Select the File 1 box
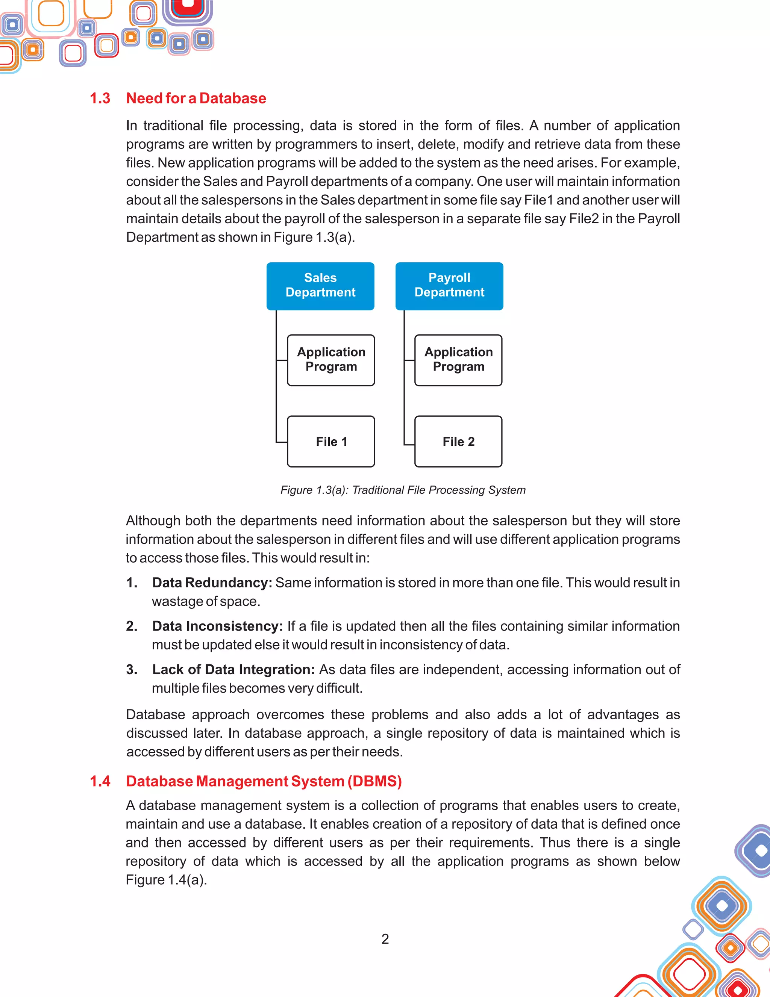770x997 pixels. [x=331, y=442]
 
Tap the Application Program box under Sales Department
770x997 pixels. [x=331, y=360]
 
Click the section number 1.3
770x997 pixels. [x=100, y=98]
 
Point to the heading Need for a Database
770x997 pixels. [x=196, y=98]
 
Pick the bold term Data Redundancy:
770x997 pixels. [x=212, y=583]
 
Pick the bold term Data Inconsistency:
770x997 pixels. [x=217, y=626]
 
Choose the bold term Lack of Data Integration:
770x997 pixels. [x=233, y=670]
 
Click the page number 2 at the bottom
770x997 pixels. [x=385, y=939]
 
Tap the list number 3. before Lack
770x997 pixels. [x=132, y=670]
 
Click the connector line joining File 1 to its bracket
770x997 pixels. [x=281, y=442]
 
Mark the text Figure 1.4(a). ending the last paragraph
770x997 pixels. [x=166, y=880]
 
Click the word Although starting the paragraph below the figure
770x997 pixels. [x=153, y=521]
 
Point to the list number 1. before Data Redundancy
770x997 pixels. [x=132, y=583]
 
